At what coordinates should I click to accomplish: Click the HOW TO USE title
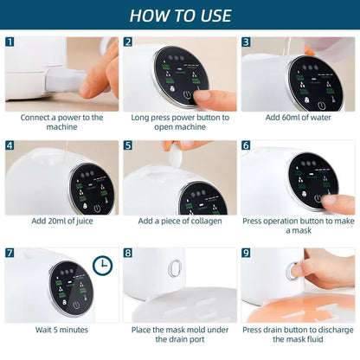(180, 16)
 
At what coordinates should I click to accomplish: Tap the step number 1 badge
(10, 42)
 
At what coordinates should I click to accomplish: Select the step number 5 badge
(128, 146)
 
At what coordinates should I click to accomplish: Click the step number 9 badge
(246, 253)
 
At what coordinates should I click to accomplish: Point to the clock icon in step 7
(103, 266)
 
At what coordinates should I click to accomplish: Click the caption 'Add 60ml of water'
(297, 117)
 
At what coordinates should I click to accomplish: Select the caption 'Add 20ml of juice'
(61, 221)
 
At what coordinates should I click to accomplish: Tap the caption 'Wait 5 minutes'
(61, 329)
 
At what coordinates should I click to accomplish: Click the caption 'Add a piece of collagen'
(179, 221)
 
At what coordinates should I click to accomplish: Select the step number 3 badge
(246, 42)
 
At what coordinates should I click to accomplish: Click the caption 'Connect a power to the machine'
(61, 122)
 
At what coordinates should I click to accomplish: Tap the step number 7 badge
(10, 253)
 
